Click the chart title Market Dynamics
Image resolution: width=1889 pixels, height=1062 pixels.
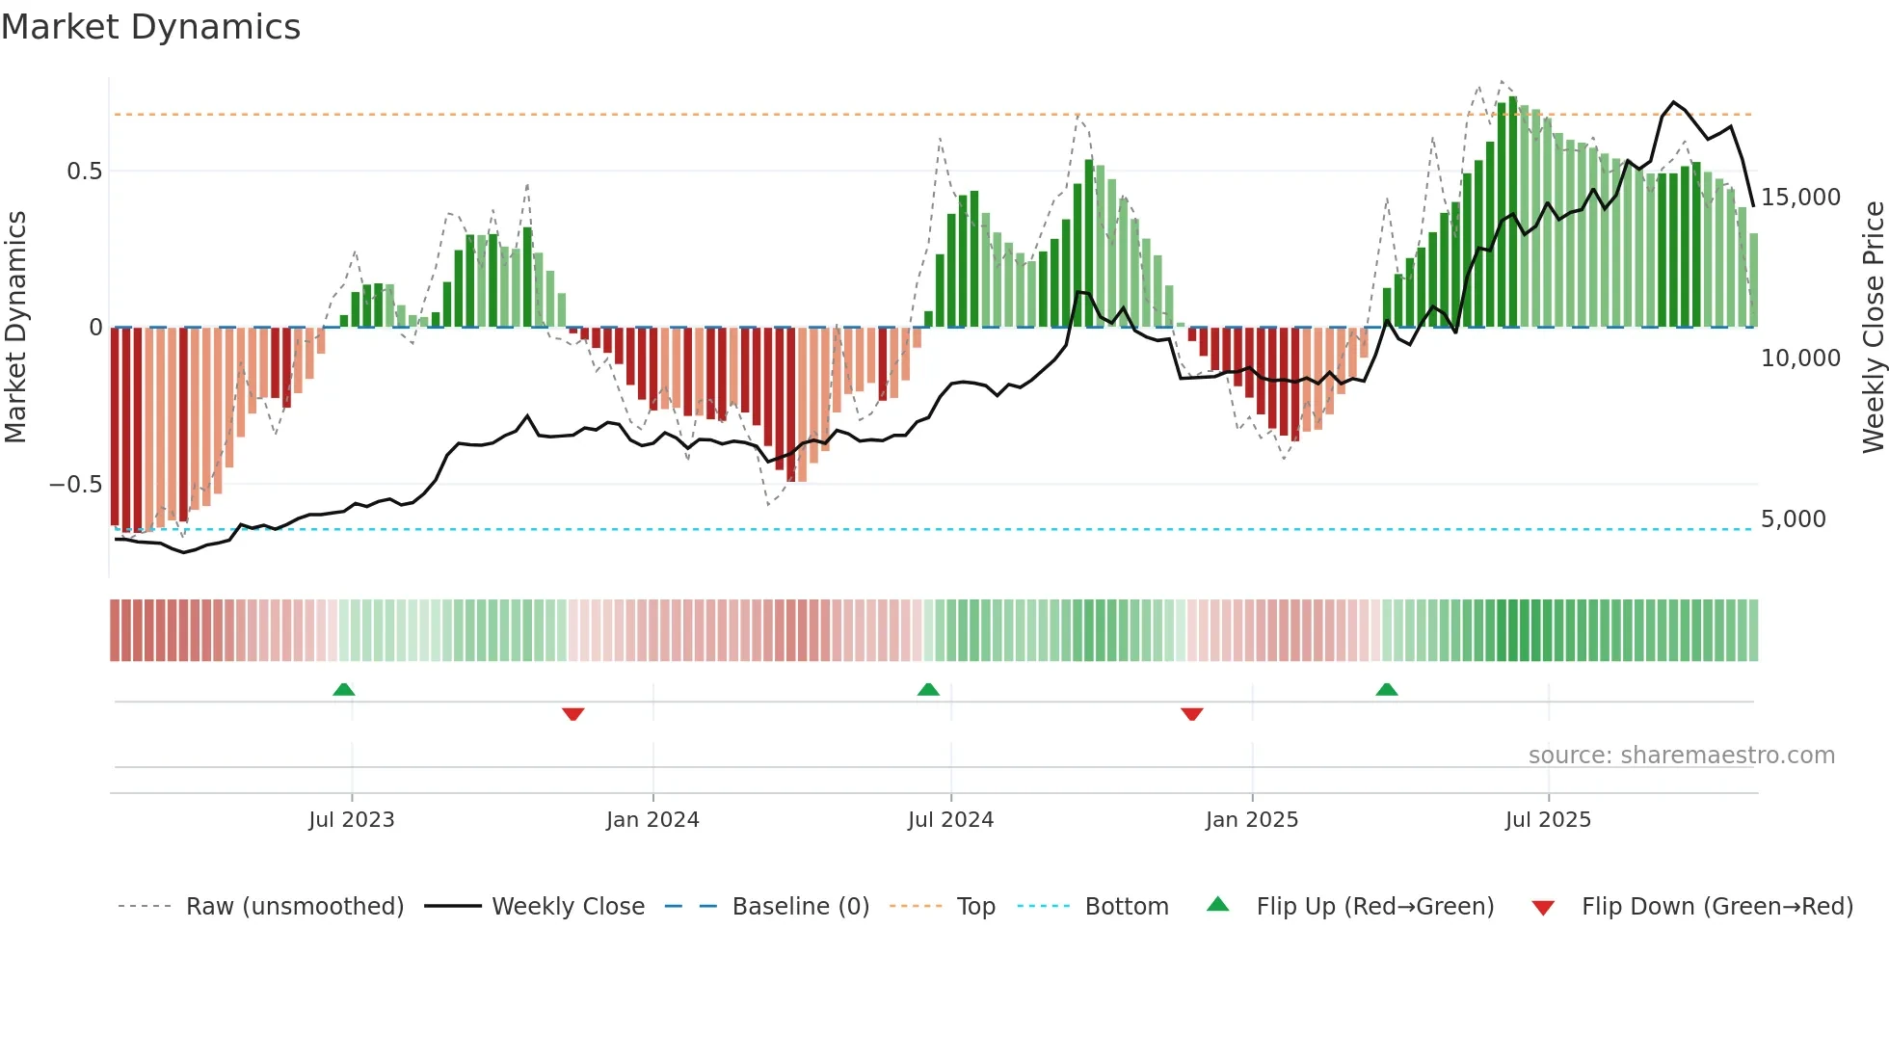point(150,27)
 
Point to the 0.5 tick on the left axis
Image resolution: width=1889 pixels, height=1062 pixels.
point(84,172)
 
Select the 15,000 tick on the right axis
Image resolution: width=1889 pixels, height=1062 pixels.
point(1800,198)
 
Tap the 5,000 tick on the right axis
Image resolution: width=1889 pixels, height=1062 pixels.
point(1793,519)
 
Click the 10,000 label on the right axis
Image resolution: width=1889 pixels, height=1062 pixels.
point(1800,358)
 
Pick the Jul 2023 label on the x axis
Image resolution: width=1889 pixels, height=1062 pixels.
point(352,820)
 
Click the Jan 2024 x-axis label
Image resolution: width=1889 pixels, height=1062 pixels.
point(652,820)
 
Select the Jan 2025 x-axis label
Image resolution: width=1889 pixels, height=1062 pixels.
point(1252,820)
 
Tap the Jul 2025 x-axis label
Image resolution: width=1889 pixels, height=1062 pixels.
point(1548,820)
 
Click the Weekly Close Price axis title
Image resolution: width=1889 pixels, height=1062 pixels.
point(1873,327)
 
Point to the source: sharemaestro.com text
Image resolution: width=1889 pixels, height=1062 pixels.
point(1681,756)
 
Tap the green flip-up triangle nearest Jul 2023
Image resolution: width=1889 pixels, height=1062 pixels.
point(344,689)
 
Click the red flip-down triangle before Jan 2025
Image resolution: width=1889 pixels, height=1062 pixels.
point(1192,714)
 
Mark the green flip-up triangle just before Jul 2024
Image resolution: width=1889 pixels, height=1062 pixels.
point(928,689)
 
